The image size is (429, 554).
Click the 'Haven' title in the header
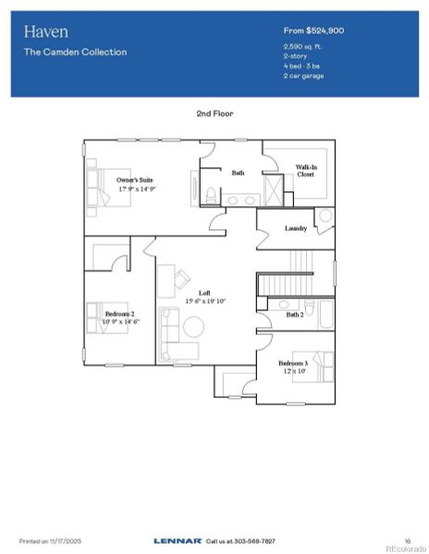point(41,31)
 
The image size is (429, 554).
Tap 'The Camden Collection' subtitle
point(75,53)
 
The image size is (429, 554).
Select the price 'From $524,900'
point(313,31)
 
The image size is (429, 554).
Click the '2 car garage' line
point(304,76)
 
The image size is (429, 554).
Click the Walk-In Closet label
point(308,172)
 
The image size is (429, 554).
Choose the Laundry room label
point(296,228)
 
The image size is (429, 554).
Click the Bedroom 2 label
point(120,317)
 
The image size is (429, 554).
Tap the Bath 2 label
point(294,315)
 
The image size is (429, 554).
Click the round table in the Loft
point(194,327)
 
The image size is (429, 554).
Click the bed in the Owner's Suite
point(99,185)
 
